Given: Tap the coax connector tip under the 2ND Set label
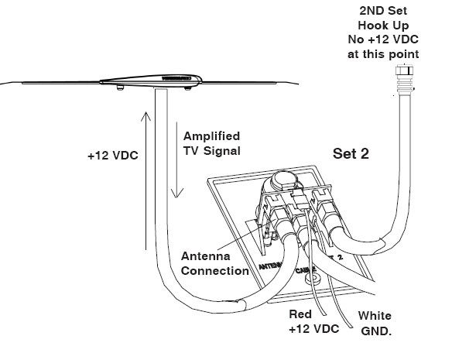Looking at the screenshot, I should tap(402, 70).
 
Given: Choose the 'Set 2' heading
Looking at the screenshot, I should tap(350, 153).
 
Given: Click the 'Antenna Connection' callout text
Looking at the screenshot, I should tap(214, 263).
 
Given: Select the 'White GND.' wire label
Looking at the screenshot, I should tap(374, 322).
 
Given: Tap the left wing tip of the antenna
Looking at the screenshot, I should tap(6, 81).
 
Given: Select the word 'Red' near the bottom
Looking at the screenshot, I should tap(300, 316).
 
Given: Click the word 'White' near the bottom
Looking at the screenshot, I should tap(374, 316).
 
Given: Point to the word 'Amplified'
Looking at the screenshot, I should tap(211, 135).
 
